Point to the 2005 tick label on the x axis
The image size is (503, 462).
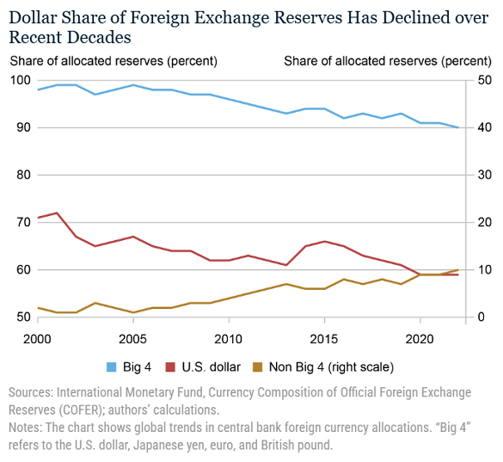(133, 338)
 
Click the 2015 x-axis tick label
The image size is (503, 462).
(323, 338)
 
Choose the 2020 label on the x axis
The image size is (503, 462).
(419, 338)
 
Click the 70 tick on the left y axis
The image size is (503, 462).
(23, 222)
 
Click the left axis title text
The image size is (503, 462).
(113, 61)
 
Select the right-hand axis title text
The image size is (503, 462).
(387, 61)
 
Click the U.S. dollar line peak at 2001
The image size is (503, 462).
(57, 213)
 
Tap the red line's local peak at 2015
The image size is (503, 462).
(323, 241)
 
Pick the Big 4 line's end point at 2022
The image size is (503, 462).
(457, 127)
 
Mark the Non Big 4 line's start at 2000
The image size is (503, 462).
(38, 308)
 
